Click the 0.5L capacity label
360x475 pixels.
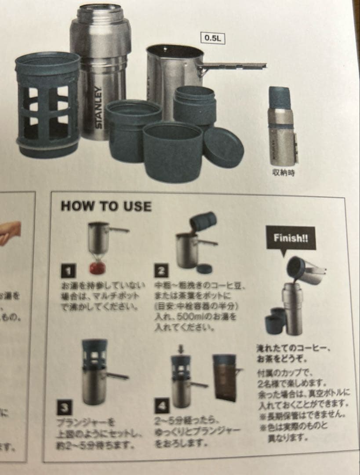click(x=213, y=38)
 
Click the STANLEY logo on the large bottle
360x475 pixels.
click(x=99, y=107)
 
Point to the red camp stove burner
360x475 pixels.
click(x=99, y=267)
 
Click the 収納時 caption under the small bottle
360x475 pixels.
click(x=283, y=173)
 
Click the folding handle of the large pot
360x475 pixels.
click(x=233, y=66)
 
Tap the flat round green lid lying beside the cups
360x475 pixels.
click(x=224, y=147)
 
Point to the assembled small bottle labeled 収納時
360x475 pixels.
click(x=282, y=126)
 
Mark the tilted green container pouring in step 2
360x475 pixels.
click(x=203, y=223)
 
